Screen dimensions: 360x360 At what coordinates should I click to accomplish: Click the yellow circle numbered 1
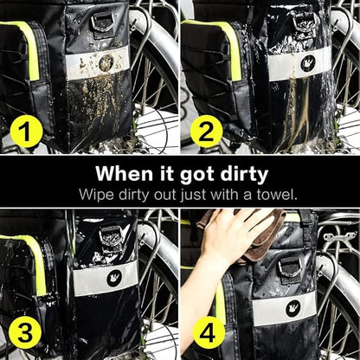[27, 132]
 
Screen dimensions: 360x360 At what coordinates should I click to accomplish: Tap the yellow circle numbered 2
[206, 132]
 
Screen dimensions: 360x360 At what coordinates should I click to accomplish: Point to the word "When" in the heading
[124, 173]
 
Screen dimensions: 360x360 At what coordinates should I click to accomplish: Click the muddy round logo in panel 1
[106, 63]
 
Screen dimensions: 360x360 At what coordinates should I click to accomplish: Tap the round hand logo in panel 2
[307, 63]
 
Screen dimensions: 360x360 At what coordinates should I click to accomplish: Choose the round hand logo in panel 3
[114, 279]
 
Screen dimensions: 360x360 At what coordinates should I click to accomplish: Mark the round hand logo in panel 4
[293, 308]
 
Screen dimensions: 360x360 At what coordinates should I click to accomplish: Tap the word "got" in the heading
[196, 176]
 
